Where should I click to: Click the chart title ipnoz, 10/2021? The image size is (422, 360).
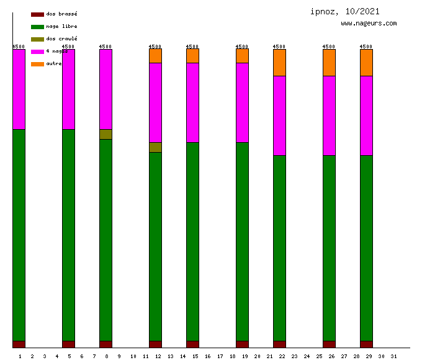345,11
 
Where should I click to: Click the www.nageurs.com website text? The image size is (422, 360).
369,24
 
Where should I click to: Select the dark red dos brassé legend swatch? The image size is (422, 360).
37,14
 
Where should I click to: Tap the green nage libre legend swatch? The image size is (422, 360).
37,27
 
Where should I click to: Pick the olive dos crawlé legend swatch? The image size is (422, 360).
37,39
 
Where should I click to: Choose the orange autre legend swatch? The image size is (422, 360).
37,64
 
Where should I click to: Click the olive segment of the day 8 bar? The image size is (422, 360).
105,134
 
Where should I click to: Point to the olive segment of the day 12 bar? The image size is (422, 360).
155,147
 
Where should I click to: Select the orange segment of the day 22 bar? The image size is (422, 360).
279,62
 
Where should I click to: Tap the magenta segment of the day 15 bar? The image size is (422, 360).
192,102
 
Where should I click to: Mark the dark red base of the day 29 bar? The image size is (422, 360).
366,344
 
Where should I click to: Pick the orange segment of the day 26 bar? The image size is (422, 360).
329,62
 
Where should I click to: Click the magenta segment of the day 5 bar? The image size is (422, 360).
68,89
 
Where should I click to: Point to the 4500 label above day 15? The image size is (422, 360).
192,47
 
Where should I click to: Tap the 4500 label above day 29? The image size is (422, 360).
366,47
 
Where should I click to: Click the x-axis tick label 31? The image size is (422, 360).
393,356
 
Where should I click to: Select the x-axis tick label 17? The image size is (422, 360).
220,356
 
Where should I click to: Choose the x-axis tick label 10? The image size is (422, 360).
133,356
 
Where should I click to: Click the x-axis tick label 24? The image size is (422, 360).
307,356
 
